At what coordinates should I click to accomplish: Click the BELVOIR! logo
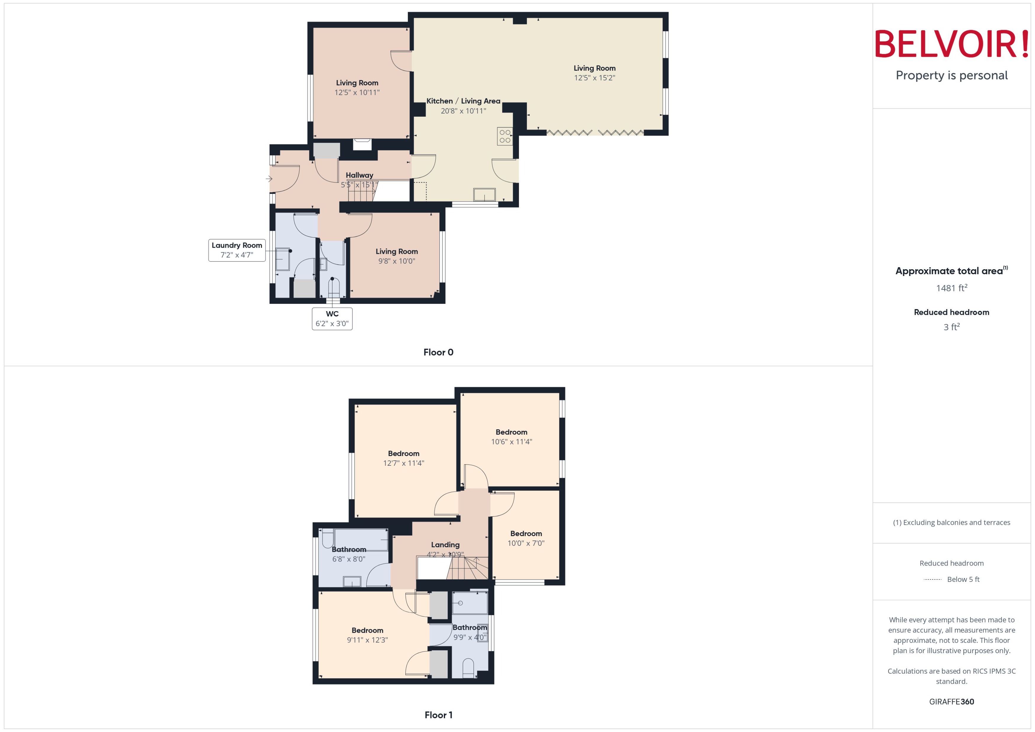point(952,44)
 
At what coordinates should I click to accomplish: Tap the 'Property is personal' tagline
point(952,75)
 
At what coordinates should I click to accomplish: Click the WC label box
point(332,319)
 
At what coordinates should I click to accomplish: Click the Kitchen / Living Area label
point(463,101)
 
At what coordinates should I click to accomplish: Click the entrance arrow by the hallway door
point(269,179)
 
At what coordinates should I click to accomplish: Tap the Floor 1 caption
point(438,715)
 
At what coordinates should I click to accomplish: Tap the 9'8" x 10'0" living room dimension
point(397,261)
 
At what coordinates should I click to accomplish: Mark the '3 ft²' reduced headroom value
point(952,327)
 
